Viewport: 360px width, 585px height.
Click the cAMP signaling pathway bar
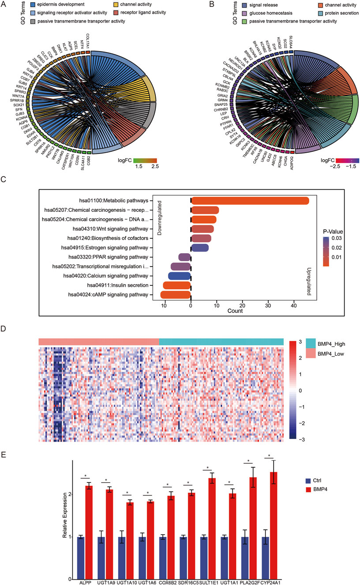pos(176,295)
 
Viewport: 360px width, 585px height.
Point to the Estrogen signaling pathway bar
pos(199,247)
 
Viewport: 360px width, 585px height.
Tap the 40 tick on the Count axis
pos(293,305)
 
